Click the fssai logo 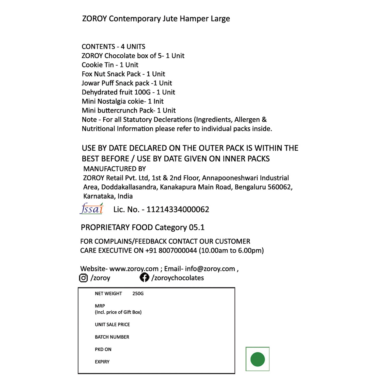point(92,209)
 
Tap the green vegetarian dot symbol point(257,359)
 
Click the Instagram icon point(83,278)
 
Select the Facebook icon point(145,277)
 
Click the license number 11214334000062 point(178,210)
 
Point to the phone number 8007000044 point(178,250)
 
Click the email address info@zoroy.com point(210,269)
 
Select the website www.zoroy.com point(134,269)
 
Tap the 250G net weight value point(138,294)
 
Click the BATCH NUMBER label point(112,337)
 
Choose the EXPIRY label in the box point(102,362)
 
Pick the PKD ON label point(103,350)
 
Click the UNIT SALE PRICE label point(112,325)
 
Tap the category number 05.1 point(197,227)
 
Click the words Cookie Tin point(98,65)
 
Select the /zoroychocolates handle point(178,278)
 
